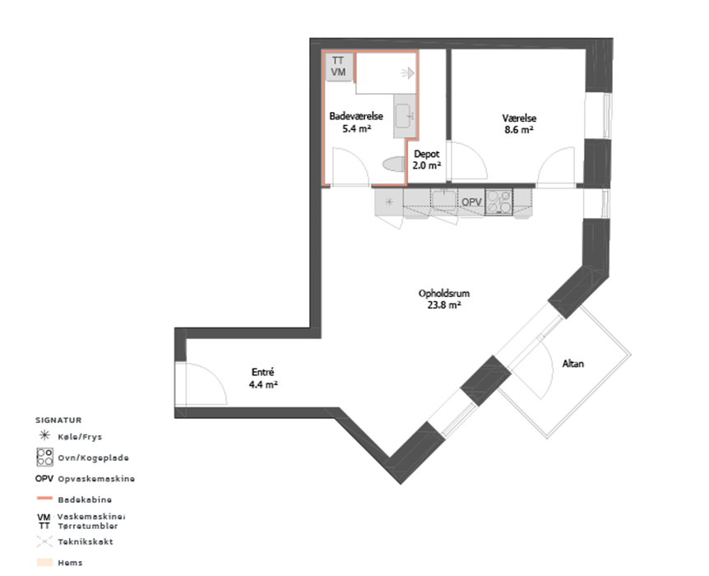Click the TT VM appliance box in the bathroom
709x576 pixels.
point(339,67)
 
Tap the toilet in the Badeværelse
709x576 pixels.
point(394,165)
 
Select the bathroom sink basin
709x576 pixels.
point(403,116)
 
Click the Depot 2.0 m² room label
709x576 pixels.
point(426,160)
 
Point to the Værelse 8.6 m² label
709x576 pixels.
point(519,124)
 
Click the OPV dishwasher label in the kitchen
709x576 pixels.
point(471,202)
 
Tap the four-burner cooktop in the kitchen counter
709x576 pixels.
point(498,202)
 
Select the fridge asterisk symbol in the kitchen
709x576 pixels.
point(389,202)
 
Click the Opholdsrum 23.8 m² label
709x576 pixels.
point(444,299)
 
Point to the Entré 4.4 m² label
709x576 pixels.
point(263,379)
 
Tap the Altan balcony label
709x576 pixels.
point(573,364)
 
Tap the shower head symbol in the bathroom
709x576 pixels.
point(407,72)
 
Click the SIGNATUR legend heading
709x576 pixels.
point(58,420)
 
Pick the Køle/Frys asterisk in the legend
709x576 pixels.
point(44,436)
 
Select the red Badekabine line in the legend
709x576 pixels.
point(44,499)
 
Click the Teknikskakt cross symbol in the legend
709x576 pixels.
point(44,541)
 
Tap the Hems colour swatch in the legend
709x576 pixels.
point(44,563)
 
